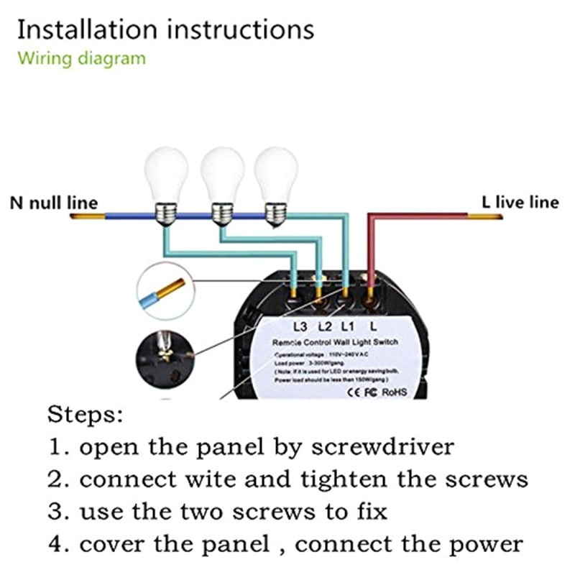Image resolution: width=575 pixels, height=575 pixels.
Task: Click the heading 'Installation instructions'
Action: (x=165, y=29)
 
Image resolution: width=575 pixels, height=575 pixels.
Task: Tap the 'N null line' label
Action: (x=54, y=203)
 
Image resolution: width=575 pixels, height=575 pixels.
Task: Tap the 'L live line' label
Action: (x=520, y=202)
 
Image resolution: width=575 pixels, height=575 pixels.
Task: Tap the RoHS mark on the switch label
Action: (x=394, y=392)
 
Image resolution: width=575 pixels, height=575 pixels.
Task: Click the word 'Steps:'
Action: (x=86, y=415)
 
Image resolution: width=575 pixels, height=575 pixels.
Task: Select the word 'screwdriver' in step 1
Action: (x=382, y=446)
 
